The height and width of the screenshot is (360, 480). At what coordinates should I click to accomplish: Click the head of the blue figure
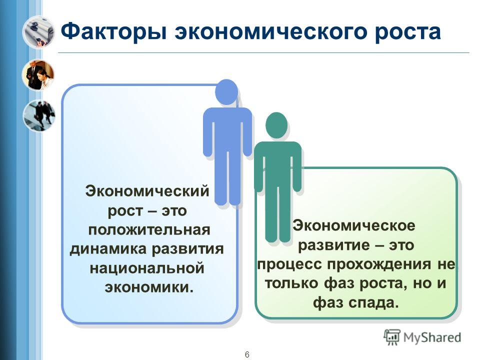(226, 92)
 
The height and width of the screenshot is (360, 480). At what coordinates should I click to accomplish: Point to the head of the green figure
(276, 125)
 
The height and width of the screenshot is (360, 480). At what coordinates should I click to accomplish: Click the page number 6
(247, 354)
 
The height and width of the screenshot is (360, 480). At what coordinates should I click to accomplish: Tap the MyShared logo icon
(392, 337)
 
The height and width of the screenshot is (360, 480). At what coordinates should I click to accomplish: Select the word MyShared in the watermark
(432, 337)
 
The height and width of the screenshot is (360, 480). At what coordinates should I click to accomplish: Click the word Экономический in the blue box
(147, 191)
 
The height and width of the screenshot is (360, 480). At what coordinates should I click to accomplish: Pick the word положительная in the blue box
(149, 229)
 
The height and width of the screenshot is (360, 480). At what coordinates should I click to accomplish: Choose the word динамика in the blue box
(108, 249)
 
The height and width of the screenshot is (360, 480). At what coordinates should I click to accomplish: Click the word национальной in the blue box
(147, 268)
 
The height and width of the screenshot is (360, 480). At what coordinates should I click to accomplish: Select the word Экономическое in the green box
(354, 225)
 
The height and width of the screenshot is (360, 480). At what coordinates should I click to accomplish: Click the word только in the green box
(291, 283)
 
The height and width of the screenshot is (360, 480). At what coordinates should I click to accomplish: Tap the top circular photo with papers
(38, 32)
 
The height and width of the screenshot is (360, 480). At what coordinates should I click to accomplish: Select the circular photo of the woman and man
(38, 74)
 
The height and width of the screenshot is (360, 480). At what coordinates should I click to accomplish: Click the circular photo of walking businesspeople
(39, 115)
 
